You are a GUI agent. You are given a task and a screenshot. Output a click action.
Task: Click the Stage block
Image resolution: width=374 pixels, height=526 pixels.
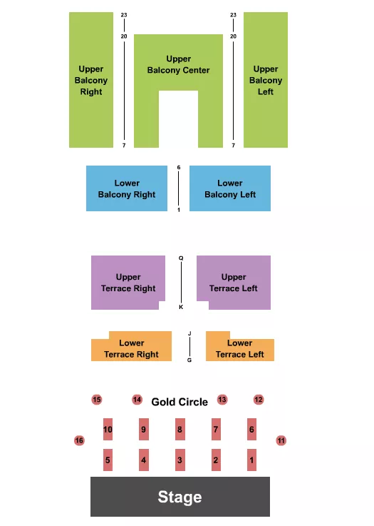pos(180,497)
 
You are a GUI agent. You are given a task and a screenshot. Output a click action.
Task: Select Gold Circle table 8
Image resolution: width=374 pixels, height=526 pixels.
pos(180,429)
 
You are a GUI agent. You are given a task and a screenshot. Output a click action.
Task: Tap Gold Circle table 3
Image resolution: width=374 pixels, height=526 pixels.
pos(180,460)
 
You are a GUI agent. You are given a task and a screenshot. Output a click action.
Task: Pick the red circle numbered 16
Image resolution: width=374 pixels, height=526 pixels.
pos(79,440)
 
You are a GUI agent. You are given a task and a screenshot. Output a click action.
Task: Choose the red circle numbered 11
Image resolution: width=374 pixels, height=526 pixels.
pos(281,440)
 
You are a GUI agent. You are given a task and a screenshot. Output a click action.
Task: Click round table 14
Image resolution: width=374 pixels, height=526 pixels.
pos(137,400)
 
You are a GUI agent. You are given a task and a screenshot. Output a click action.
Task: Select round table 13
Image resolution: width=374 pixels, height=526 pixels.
pos(222,400)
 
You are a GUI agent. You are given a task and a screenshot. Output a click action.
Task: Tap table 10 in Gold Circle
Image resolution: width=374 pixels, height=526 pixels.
pos(108,429)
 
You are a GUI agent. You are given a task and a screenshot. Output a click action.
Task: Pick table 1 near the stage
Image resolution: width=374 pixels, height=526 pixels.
pos(252,460)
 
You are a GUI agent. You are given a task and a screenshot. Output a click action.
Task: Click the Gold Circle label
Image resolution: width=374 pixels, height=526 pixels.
pos(180,402)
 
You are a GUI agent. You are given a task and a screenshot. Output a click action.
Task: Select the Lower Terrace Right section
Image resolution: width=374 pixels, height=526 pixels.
pos(132,348)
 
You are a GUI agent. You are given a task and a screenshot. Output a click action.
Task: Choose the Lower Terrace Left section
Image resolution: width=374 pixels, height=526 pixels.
pos(240,348)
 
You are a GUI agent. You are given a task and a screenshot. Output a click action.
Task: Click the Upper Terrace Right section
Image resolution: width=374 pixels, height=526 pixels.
pos(128,283)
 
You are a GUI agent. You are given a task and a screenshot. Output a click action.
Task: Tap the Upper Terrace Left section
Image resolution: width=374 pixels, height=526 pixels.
pos(234,283)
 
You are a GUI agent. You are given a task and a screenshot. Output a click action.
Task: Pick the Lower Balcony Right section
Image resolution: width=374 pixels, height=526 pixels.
pos(127,188)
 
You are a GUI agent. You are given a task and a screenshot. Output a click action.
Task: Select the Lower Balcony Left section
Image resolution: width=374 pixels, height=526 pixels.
pos(230,188)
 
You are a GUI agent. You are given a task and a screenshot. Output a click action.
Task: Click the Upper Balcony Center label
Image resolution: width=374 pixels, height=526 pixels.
pos(178,64)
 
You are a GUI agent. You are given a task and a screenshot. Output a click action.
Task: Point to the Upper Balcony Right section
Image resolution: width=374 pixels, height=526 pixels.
pos(91,80)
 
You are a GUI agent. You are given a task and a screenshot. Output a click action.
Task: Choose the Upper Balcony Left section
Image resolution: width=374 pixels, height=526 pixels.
pos(266,80)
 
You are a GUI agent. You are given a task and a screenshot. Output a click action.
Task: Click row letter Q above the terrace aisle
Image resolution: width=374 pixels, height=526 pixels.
pos(181,258)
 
